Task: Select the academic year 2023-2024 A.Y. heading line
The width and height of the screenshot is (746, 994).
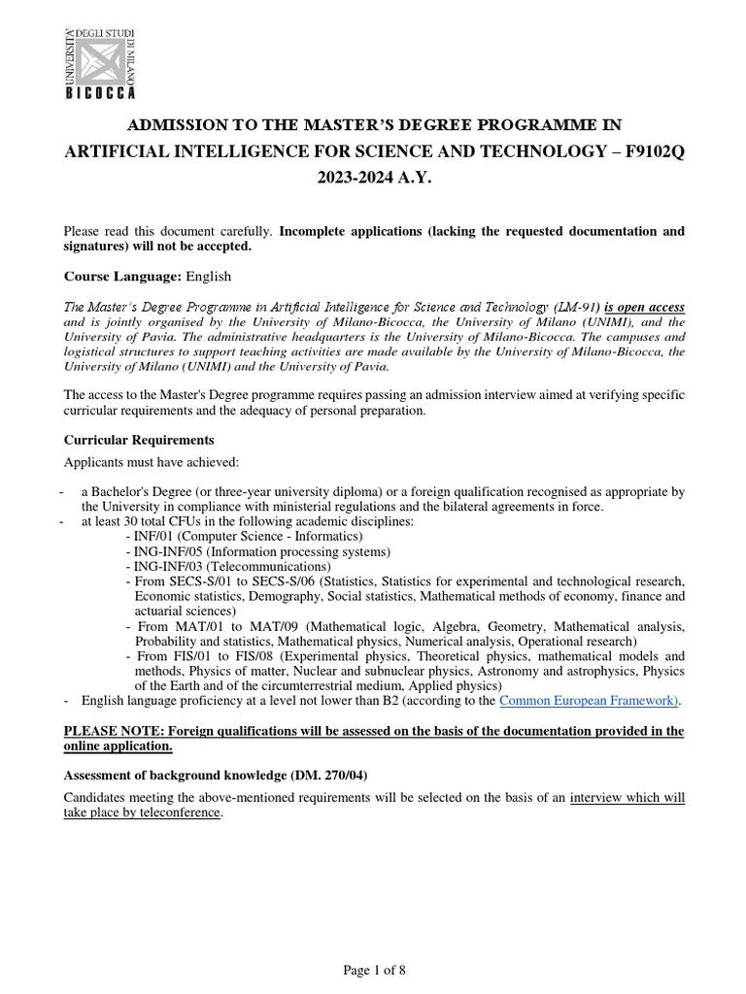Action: [373, 181]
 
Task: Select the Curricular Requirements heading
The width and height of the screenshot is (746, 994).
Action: [139, 440]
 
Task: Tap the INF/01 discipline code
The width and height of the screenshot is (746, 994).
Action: [154, 536]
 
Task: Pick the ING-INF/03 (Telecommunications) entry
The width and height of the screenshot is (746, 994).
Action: [233, 566]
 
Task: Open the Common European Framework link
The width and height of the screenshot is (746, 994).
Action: [589, 700]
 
